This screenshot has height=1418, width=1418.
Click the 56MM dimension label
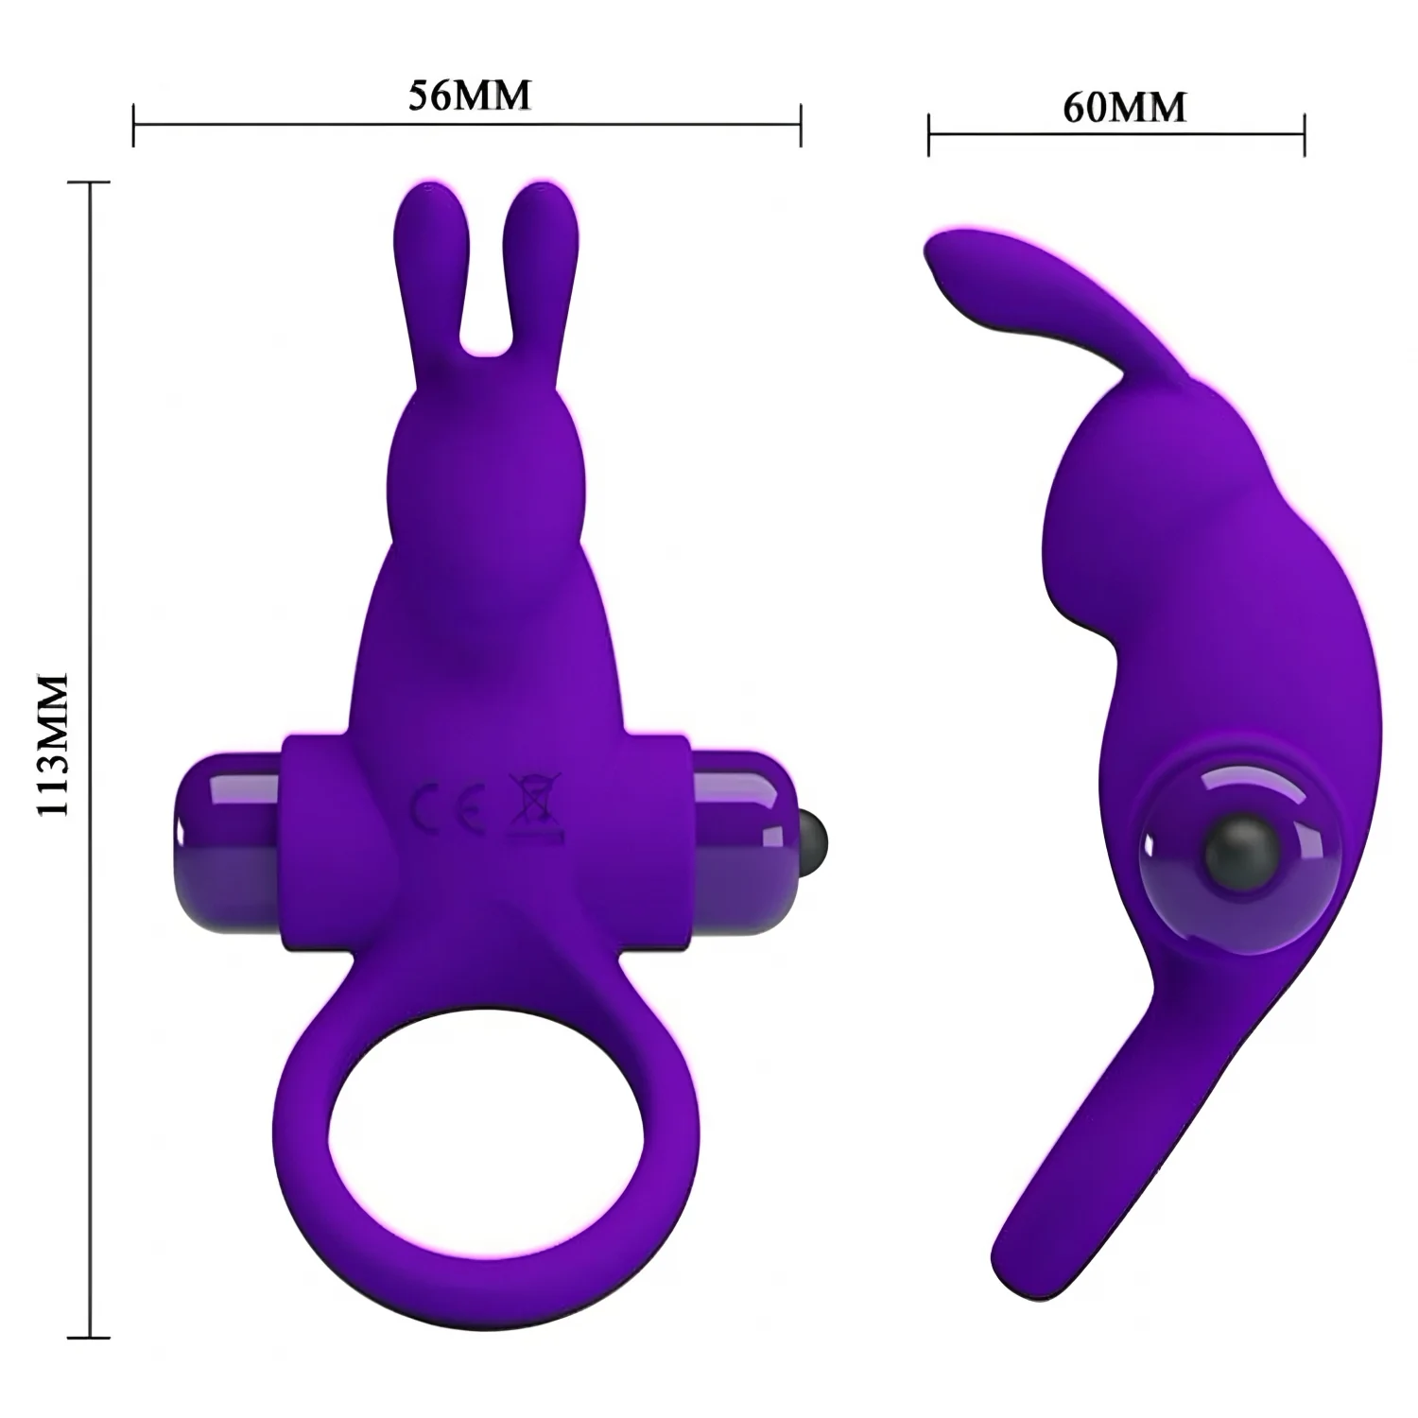click(468, 95)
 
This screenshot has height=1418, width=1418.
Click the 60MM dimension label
click(1124, 108)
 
